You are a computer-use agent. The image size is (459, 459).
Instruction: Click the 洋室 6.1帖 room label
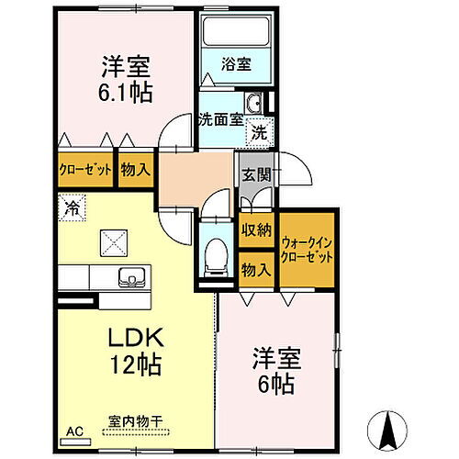pos(127,79)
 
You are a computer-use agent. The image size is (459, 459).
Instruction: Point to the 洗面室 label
pos(220,118)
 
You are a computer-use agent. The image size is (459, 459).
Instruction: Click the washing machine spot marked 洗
pos(260,132)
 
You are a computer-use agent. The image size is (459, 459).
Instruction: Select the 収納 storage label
pos(255,230)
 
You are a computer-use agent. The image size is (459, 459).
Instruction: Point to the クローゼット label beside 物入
pos(86,170)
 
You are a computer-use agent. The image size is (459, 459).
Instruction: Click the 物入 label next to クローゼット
pos(135,170)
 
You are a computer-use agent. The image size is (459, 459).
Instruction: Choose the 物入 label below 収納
pos(255,270)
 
